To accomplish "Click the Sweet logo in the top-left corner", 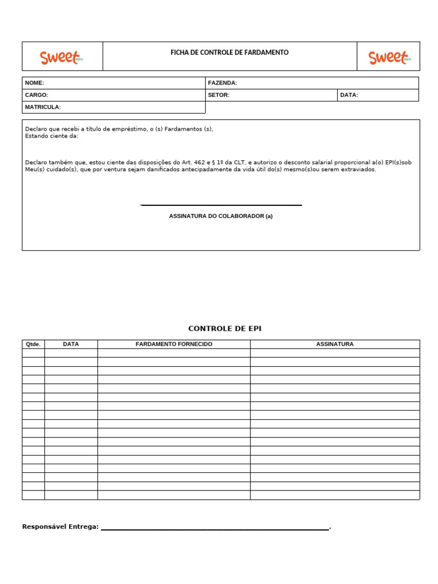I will click(61, 57).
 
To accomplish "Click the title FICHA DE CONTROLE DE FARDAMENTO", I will click(229, 52).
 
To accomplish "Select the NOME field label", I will click(34, 83).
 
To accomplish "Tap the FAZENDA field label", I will click(222, 83).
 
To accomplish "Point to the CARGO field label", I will click(36, 95).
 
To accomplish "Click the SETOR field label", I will click(218, 95).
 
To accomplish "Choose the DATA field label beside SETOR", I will click(349, 95).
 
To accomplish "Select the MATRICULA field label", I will click(43, 107).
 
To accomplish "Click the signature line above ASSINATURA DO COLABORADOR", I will click(221, 205).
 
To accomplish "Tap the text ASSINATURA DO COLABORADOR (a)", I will click(221, 216).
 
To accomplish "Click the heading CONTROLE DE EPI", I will click(225, 328).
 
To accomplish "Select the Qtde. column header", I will click(33, 344).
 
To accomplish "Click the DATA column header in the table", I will click(71, 344).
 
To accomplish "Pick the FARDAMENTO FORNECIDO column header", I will click(173, 344).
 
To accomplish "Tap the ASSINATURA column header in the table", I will click(335, 344).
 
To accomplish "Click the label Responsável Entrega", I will click(60, 526).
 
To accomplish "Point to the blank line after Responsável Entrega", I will click(214, 529).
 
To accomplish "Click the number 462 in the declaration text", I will click(200, 163).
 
